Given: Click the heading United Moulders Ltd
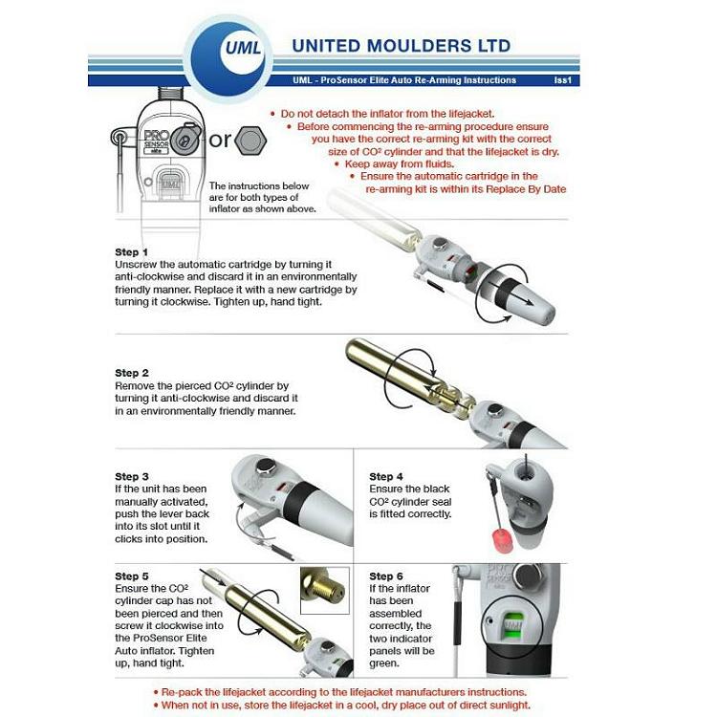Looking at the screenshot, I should pos(401,45).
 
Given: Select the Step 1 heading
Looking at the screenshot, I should pos(131,251).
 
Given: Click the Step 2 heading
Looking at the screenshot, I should pos(131,373).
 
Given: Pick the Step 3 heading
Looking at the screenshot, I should pos(131,476).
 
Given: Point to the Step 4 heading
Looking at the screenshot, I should pos(386,476).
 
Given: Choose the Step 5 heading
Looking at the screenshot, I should pos(131,576).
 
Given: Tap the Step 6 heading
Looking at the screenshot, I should pos(386,576).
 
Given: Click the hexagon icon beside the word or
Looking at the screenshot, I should pos(251,140).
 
